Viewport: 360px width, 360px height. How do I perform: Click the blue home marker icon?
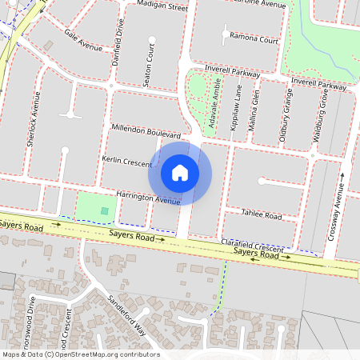click(x=180, y=173)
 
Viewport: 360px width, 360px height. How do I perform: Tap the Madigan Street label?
click(x=162, y=6)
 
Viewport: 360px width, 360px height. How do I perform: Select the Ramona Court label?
click(x=253, y=38)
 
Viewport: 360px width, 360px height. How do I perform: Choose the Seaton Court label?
click(x=149, y=58)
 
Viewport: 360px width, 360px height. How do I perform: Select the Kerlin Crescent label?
click(x=126, y=162)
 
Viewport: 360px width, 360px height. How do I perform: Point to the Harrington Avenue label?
click(x=148, y=197)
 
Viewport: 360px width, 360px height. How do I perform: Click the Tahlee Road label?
click(x=262, y=216)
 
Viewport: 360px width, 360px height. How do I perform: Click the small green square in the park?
click(x=105, y=210)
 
